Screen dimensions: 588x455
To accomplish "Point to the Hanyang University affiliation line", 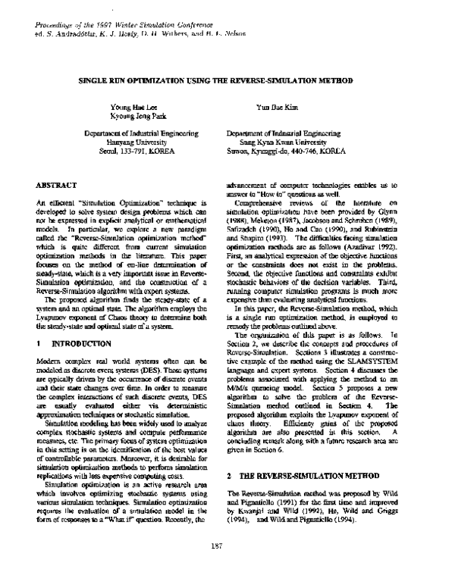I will (130, 142).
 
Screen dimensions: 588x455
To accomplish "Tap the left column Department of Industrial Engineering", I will (130, 133).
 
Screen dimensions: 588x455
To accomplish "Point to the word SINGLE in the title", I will (97, 79).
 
